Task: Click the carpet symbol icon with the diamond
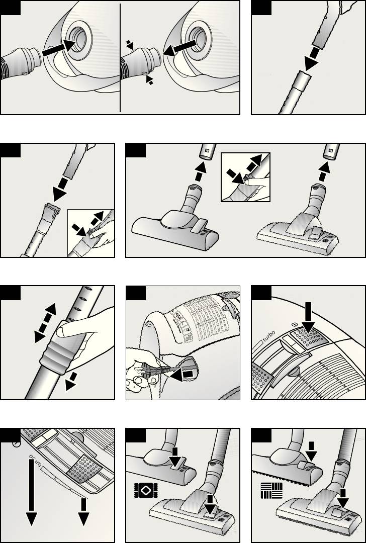click(x=146, y=490)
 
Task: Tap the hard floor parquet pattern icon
click(x=272, y=491)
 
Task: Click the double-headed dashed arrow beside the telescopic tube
click(x=45, y=323)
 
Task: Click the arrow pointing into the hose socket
click(x=58, y=48)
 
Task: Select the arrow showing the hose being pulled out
click(x=179, y=48)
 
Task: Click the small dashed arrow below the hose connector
click(x=149, y=80)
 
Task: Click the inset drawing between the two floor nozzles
click(x=245, y=177)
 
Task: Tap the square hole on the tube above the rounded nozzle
click(x=206, y=151)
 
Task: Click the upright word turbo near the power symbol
click(x=268, y=336)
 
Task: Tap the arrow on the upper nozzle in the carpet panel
click(x=175, y=457)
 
